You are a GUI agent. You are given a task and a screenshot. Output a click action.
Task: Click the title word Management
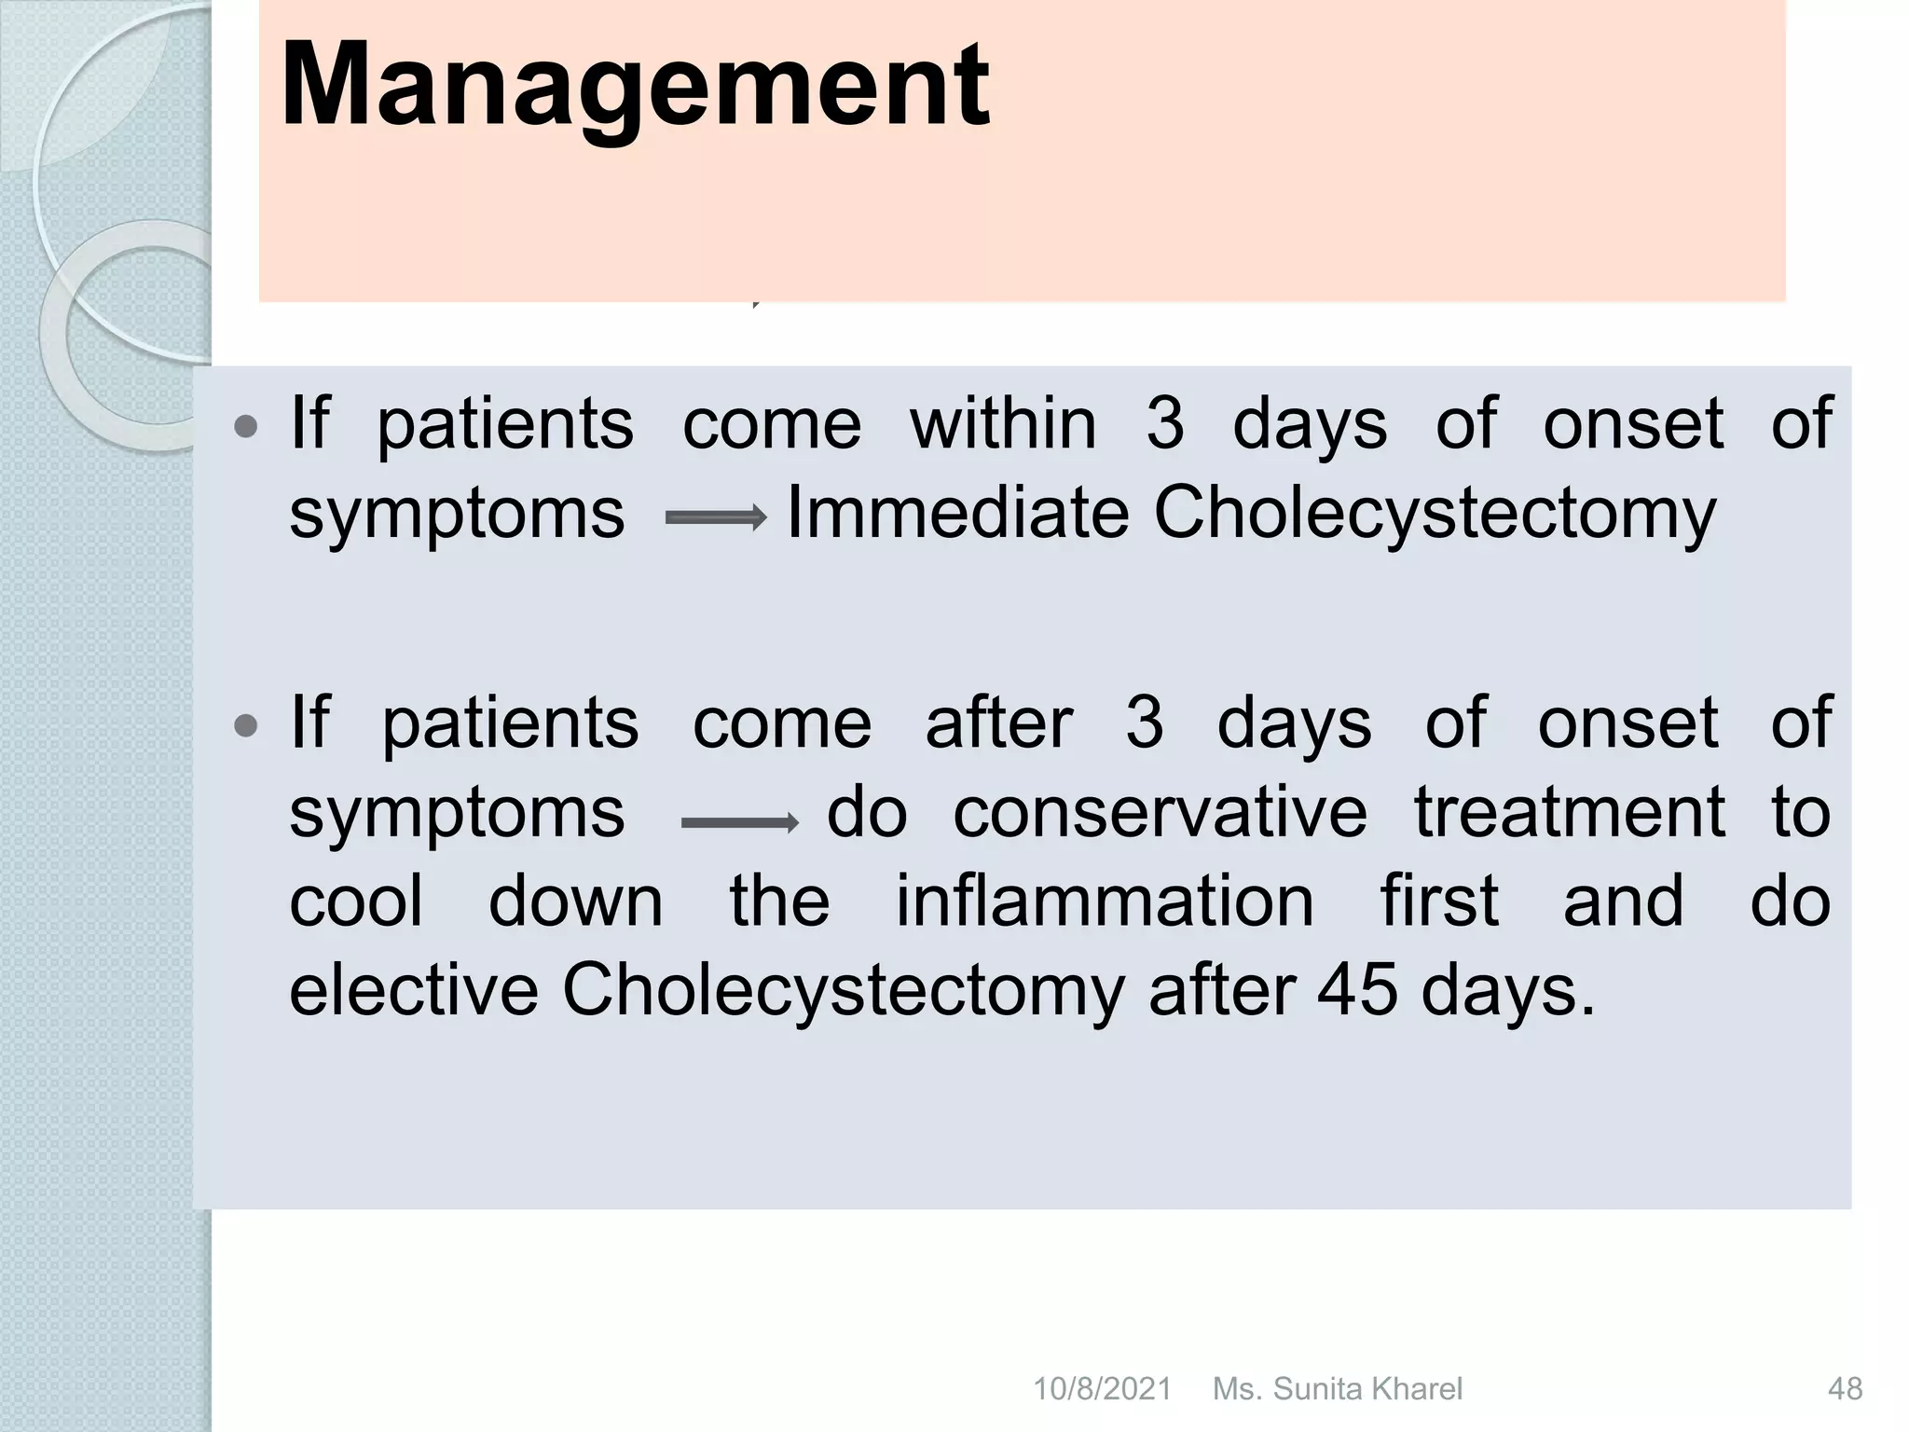[x=634, y=86]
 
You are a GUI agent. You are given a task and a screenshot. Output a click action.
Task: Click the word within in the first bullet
[x=1003, y=424]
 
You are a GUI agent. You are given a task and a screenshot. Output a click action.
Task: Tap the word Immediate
[x=957, y=513]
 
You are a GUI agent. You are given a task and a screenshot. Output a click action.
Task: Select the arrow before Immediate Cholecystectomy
[x=715, y=517]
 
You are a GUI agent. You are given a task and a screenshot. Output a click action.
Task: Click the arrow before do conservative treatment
[x=739, y=822]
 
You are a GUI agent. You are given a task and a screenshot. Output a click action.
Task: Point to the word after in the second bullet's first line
[x=998, y=723]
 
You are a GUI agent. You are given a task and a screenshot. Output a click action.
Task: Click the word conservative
[x=1160, y=812]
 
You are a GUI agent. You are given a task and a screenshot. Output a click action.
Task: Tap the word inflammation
[x=1105, y=902]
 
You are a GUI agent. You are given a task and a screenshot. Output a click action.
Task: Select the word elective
[x=414, y=990]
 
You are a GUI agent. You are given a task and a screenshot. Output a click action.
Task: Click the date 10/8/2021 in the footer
[x=1102, y=1389]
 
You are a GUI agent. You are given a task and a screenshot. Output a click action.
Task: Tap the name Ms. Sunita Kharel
[x=1337, y=1389]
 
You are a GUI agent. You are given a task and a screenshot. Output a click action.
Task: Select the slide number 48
[x=1845, y=1389]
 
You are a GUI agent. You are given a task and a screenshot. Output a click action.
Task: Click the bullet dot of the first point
[x=246, y=428]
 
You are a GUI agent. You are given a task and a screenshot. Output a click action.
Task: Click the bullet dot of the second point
[x=246, y=726]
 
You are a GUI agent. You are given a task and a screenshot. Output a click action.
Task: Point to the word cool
[x=356, y=902]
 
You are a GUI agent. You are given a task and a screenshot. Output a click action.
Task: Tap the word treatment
[x=1570, y=812]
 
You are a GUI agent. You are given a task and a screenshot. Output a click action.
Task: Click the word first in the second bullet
[x=1438, y=902]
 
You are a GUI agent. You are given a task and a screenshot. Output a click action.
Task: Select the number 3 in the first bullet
[x=1164, y=424]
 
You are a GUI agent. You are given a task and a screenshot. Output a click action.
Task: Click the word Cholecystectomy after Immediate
[x=1434, y=513]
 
